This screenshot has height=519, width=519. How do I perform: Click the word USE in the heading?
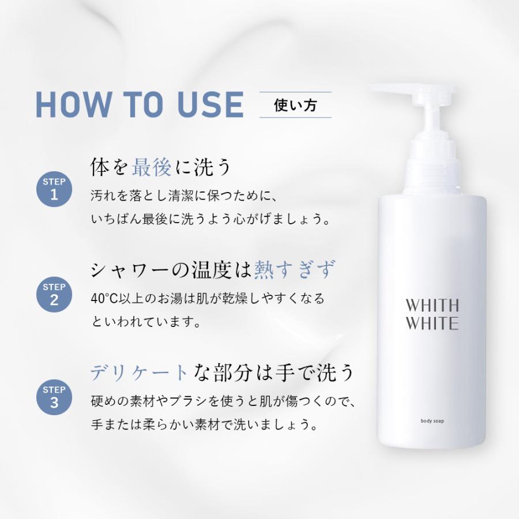[211, 104]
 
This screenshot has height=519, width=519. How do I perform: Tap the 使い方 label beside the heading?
[295, 105]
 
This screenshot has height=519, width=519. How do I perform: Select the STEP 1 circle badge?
[54, 188]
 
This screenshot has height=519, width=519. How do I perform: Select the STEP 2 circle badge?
[54, 293]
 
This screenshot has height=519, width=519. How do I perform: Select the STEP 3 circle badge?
[54, 396]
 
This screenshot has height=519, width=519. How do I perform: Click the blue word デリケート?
[139, 373]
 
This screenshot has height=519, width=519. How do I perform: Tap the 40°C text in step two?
[104, 299]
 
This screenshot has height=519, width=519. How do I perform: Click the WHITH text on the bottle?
[432, 305]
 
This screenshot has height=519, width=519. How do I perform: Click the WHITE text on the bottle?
[432, 323]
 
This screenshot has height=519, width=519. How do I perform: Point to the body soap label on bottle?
[432, 421]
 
